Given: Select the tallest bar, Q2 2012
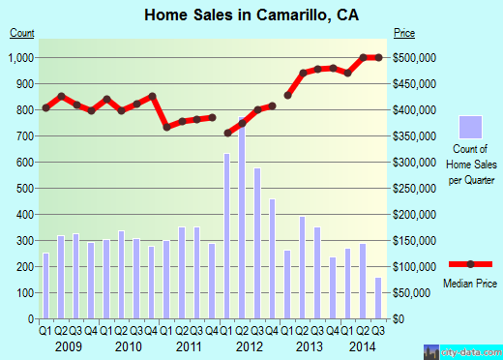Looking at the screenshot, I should coord(242,218).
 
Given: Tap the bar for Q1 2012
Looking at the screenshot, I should coord(227,236).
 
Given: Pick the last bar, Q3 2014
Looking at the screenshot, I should coord(377,298).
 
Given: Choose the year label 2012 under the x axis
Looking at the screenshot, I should coord(250,345).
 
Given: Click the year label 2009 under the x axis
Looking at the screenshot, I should coord(68,345).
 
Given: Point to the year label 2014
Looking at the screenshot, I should coord(363,345).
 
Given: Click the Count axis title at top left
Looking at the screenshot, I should coord(22,33).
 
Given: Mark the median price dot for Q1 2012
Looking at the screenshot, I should coord(227,133).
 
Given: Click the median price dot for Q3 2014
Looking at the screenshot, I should coord(377,57).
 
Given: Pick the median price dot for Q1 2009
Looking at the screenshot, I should coord(45,107).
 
